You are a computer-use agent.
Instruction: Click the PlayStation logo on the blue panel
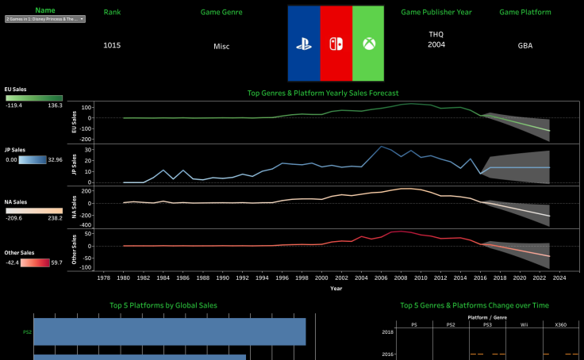click(303, 44)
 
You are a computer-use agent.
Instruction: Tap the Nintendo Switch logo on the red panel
click(335, 44)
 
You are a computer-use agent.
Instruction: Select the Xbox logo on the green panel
click(367, 44)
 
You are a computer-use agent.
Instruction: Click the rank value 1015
click(112, 45)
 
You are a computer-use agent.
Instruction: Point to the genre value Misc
click(221, 46)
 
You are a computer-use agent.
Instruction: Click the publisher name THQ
click(436, 35)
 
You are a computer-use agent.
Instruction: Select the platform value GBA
click(525, 46)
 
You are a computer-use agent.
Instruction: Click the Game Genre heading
click(221, 13)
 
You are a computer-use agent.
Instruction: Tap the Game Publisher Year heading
click(436, 13)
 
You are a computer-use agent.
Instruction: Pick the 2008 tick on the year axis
click(401, 278)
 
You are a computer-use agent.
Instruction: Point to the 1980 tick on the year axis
click(123, 278)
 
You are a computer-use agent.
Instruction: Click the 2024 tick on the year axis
click(559, 278)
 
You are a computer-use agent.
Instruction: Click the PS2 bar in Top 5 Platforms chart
click(169, 331)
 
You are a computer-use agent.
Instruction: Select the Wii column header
click(523, 324)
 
